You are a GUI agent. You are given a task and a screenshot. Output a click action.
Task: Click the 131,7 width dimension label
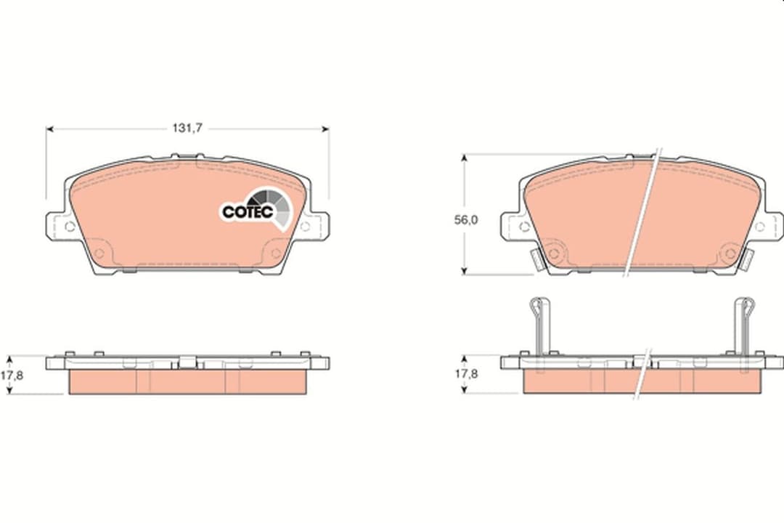click(x=187, y=128)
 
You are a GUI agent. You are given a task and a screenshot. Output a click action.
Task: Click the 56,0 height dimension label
click(x=466, y=220)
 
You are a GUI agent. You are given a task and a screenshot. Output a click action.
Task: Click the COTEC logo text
click(x=248, y=212)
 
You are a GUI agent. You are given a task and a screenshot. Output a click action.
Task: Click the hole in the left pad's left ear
click(x=70, y=226)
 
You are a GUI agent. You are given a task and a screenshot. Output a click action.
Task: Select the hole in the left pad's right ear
click(x=305, y=226)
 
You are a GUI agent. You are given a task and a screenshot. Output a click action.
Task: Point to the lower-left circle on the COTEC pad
click(x=100, y=254)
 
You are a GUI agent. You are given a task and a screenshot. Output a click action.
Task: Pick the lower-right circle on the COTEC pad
click(x=276, y=254)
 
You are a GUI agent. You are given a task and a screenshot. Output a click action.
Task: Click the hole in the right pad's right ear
click(x=759, y=226)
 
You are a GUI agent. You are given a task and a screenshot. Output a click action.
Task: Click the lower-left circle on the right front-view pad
click(x=554, y=254)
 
